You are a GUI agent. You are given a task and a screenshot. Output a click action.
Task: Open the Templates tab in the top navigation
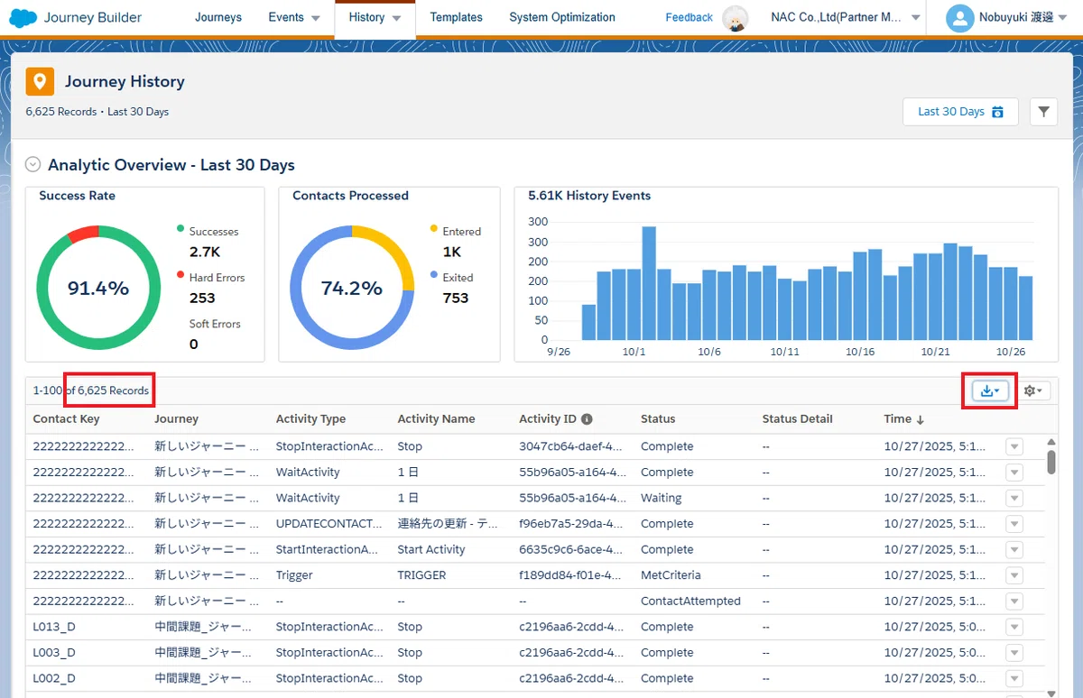point(456,17)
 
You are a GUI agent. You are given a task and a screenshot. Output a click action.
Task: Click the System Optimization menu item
point(561,17)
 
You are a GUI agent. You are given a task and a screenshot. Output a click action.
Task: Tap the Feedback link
point(689,17)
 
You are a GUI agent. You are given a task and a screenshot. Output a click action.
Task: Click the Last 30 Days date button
point(960,112)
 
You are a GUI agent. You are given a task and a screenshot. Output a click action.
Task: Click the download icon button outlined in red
point(990,390)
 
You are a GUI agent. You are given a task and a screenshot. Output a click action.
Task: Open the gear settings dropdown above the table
point(1032,390)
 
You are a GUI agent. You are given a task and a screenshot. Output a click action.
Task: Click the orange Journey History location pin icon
point(40,81)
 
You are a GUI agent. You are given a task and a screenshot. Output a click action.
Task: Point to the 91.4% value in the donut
point(98,288)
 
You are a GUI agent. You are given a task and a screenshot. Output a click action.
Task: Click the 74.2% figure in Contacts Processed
point(351,288)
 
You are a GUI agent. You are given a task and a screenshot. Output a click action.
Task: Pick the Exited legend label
point(458,277)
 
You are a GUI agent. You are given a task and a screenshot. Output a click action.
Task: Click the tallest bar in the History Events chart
point(649,283)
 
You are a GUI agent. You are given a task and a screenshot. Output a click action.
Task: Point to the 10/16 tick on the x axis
point(859,352)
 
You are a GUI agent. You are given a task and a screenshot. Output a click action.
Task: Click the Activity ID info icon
point(587,418)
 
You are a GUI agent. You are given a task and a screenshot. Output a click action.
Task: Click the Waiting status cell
point(661,498)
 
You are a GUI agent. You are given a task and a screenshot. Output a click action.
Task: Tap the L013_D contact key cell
point(54,627)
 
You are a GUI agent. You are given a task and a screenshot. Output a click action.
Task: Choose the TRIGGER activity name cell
point(421,574)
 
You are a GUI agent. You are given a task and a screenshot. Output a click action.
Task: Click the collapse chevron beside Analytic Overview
point(32,164)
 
